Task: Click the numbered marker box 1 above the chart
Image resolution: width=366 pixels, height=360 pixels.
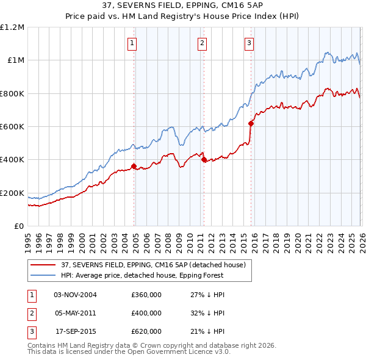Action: (x=132, y=43)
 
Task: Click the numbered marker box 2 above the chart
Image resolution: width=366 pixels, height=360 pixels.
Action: (x=202, y=43)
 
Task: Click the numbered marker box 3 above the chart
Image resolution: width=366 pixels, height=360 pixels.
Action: (x=249, y=43)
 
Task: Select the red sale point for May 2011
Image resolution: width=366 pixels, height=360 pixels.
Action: (x=204, y=159)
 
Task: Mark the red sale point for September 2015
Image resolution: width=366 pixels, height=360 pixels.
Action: (x=251, y=123)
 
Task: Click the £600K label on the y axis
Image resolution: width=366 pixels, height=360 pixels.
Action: (x=12, y=127)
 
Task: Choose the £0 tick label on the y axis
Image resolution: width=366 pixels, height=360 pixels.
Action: (x=18, y=226)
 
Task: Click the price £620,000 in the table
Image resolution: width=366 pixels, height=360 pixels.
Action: (x=146, y=331)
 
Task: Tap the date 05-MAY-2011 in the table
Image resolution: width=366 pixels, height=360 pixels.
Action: (x=75, y=313)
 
